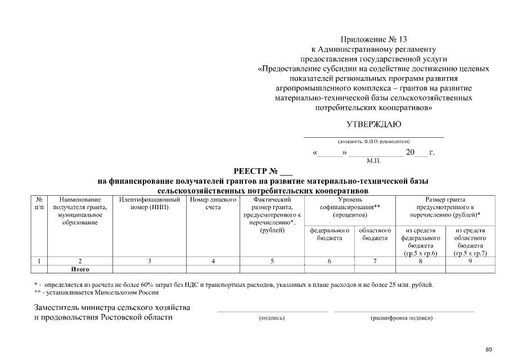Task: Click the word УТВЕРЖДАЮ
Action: [x=373, y=124]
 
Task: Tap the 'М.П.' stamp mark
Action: [x=373, y=161]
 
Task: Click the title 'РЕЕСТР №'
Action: [x=263, y=171]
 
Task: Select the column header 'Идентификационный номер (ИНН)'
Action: [x=150, y=203]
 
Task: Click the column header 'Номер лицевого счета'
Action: [x=213, y=203]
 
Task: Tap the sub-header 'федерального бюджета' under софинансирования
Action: [x=330, y=235]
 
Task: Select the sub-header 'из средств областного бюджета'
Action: [x=470, y=242]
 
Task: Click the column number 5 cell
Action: [x=272, y=261]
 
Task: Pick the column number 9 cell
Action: [x=470, y=261]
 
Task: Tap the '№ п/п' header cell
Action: [x=39, y=203]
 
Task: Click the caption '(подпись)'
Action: [x=272, y=318]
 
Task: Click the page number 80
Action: [x=489, y=349]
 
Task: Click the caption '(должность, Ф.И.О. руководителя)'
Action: [x=373, y=142]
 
